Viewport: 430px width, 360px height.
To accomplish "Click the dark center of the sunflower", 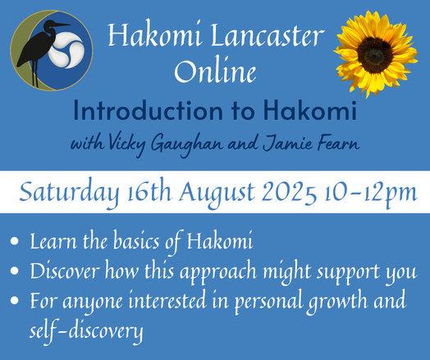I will tap(375, 53).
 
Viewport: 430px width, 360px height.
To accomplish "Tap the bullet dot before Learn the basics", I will tap(17, 244).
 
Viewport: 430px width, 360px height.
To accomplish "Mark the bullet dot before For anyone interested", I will tap(17, 301).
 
